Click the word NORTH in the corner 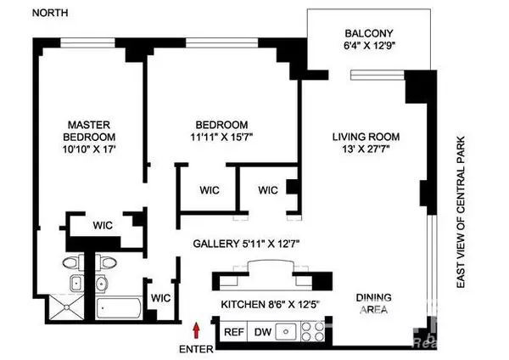click(x=30, y=14)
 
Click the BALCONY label click(x=368, y=35)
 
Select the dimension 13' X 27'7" click(x=366, y=151)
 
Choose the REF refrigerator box click(x=233, y=333)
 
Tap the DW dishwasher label click(x=264, y=333)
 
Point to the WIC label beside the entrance click(x=160, y=299)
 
